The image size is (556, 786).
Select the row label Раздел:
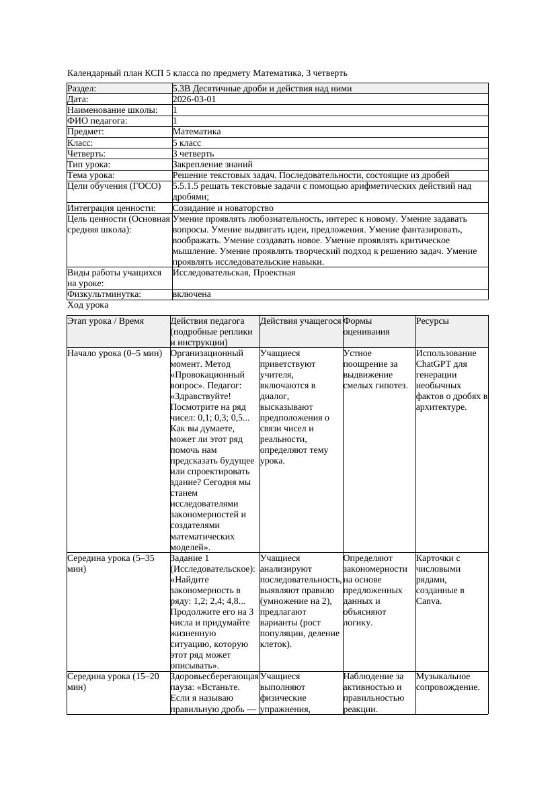pos(82,89)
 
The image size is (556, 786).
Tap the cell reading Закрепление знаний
pos(212,164)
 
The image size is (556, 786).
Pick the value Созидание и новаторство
pos(223,208)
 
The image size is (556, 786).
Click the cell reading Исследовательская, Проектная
pos(234,273)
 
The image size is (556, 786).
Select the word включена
pos(192,294)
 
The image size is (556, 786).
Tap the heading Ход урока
pos(87,305)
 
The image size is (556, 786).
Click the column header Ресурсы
pos(432,321)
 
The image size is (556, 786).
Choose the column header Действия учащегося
pos(301,321)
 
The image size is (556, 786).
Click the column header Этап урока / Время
pos(106,321)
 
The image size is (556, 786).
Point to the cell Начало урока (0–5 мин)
pos(115,353)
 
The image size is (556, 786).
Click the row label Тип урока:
pos(89,164)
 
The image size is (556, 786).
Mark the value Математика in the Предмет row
pos(196,132)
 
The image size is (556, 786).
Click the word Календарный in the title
pos(93,73)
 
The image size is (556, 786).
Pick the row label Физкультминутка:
pos(104,294)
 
